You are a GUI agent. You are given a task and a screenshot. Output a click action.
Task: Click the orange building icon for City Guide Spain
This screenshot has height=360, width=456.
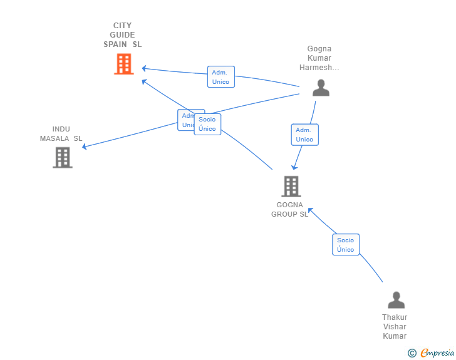click(x=124, y=64)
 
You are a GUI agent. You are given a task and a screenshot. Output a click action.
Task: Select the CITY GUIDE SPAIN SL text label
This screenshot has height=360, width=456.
click(x=123, y=35)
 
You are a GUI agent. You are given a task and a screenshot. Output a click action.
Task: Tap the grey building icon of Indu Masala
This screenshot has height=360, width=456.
click(x=62, y=157)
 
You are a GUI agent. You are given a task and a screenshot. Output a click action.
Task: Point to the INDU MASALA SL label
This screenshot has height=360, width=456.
click(x=61, y=133)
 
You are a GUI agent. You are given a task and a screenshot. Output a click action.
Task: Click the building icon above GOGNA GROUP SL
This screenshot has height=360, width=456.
click(x=291, y=186)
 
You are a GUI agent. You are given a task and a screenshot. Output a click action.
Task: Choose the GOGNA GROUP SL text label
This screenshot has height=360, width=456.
click(x=289, y=209)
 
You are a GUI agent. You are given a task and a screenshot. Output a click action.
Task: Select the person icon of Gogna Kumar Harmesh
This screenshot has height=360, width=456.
click(x=321, y=88)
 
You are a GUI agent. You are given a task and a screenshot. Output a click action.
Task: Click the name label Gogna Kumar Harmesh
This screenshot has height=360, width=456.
click(x=319, y=58)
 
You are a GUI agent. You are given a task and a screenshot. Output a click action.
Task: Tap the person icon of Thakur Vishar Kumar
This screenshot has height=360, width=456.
click(x=396, y=301)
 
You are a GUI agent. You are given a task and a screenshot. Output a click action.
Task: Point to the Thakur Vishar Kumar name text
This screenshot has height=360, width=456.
click(x=395, y=327)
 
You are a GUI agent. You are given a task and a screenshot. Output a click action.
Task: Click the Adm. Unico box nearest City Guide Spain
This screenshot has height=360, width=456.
click(x=221, y=77)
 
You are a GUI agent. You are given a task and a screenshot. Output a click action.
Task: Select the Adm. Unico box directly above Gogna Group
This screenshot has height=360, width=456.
click(x=304, y=135)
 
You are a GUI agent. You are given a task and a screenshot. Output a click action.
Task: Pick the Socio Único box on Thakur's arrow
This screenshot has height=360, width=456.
click(x=346, y=245)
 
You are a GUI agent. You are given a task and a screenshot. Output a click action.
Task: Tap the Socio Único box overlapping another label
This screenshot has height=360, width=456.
click(x=207, y=125)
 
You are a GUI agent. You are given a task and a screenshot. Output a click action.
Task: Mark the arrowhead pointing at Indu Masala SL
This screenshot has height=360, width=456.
click(x=85, y=147)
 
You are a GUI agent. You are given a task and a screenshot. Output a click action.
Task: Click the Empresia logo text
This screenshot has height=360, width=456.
click(x=437, y=353)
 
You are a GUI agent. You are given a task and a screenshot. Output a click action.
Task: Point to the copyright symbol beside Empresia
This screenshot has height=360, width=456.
click(x=412, y=353)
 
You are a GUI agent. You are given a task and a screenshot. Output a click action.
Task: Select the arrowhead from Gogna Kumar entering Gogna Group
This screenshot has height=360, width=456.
click(x=294, y=168)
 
